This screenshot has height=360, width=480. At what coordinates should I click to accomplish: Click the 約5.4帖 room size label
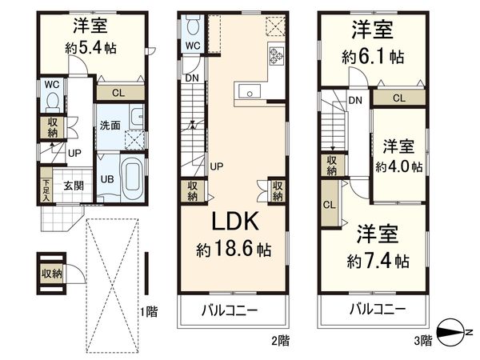(90, 48)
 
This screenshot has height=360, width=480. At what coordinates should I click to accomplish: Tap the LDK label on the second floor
(233, 221)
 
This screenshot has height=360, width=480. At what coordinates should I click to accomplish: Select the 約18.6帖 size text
(234, 250)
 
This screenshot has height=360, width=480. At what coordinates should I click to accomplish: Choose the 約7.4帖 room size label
(378, 261)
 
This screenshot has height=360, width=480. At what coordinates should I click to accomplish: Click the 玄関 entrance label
(74, 186)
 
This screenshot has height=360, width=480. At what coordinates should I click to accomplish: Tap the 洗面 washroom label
(110, 126)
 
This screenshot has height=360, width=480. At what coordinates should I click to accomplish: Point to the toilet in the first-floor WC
(53, 102)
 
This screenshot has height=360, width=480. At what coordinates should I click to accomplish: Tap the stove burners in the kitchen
(277, 56)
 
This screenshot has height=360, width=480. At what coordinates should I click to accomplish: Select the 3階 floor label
(422, 339)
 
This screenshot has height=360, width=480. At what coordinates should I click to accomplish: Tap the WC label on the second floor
(193, 46)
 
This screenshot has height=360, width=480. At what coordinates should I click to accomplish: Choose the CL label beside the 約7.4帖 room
(329, 204)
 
